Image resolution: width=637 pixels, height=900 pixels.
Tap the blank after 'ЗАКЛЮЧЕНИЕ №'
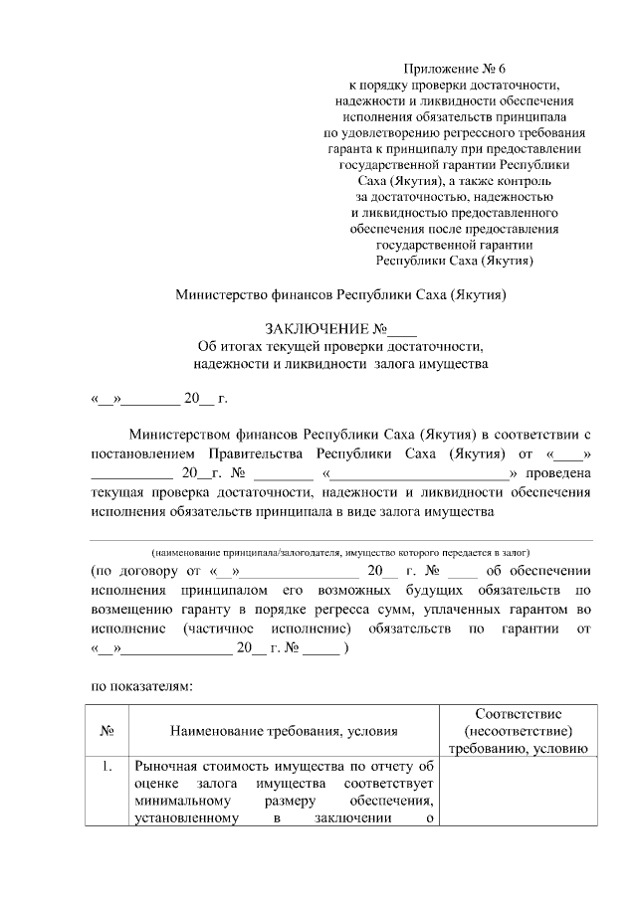click(403, 330)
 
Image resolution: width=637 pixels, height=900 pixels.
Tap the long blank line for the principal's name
click(341, 538)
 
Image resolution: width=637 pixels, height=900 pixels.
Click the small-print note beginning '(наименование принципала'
click(340, 551)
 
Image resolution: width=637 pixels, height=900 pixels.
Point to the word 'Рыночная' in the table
click(167, 766)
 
